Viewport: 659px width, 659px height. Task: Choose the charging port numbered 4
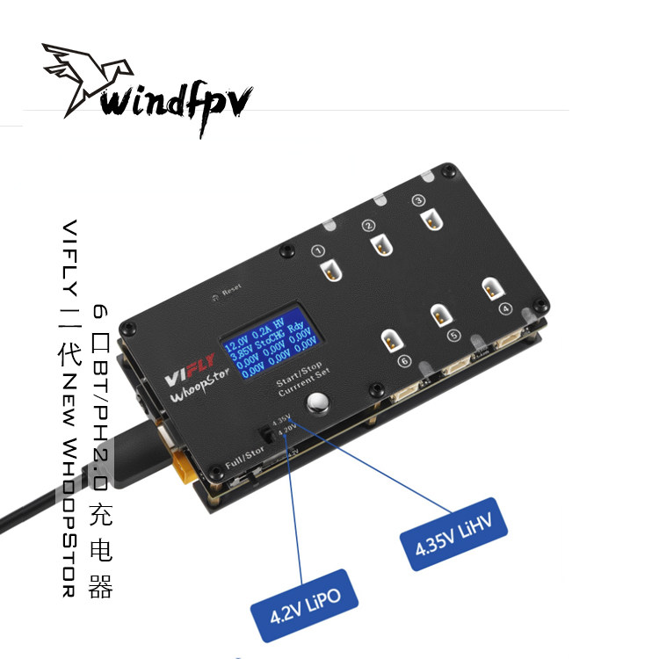tap(490, 288)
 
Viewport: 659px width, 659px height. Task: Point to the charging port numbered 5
tap(439, 314)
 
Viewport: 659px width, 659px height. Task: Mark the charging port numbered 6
tap(389, 339)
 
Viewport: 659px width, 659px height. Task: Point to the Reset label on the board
tap(231, 289)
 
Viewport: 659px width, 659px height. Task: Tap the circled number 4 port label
tap(504, 308)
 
